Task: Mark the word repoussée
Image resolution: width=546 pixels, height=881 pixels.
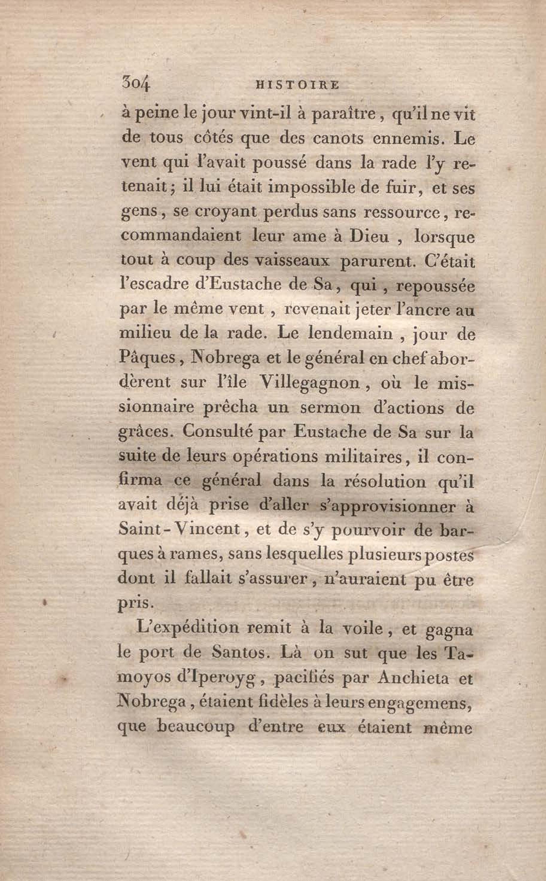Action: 434,286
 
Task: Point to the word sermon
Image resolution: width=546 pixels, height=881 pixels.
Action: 330,408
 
